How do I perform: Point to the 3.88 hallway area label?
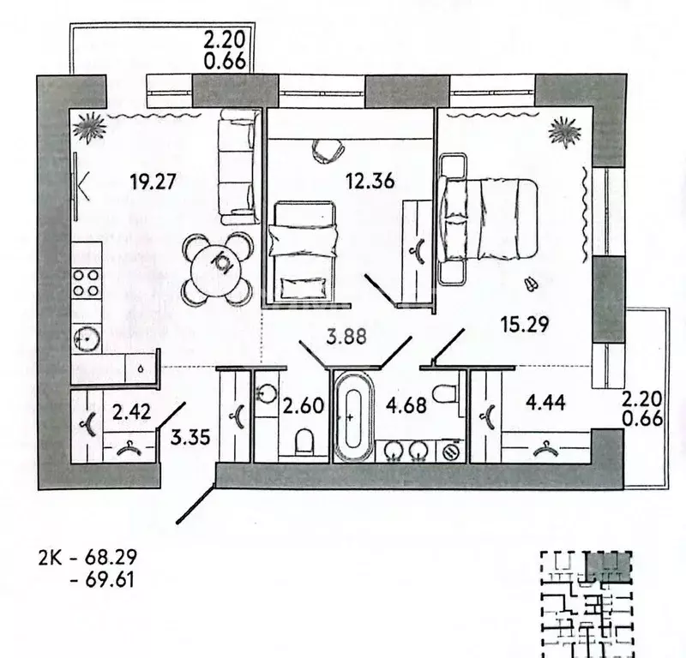[347, 337]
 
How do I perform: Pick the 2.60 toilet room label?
[303, 404]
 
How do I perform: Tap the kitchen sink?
[87, 339]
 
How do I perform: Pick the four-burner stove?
[87, 284]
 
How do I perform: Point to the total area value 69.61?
[111, 580]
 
